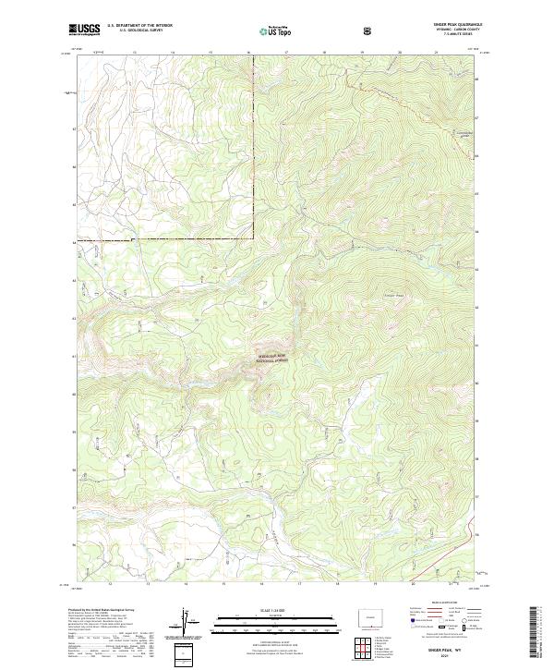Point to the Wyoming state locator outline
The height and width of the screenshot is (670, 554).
click(372, 615)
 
